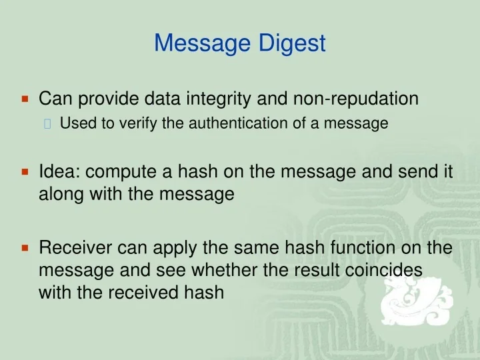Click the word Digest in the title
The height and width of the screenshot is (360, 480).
[x=292, y=44]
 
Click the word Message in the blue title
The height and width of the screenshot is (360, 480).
[x=202, y=43]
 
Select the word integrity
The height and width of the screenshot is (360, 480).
[x=217, y=99]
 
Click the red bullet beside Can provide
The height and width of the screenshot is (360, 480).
[x=25, y=99]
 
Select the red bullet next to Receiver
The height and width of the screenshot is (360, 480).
[x=25, y=249]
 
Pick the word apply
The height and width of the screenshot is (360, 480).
[x=174, y=249]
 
